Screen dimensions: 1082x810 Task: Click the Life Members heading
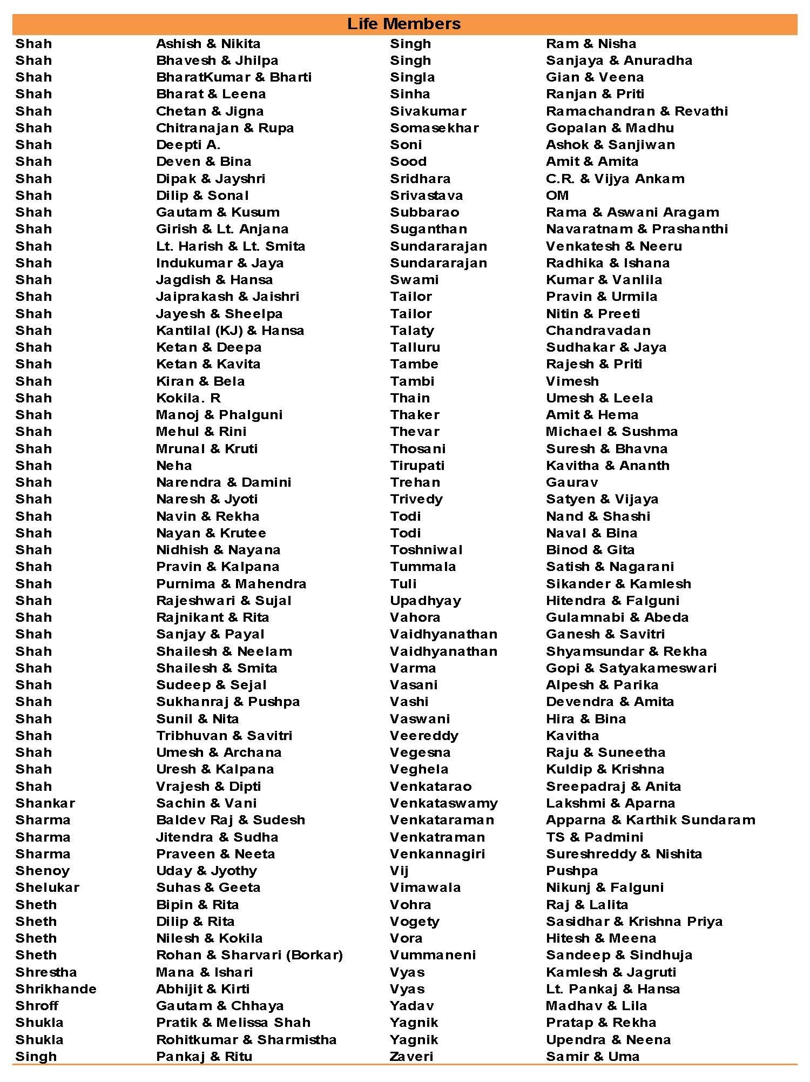tap(404, 24)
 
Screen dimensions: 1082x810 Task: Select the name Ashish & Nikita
tap(208, 44)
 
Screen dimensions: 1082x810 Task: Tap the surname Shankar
tap(45, 803)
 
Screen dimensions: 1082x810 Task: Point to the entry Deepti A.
tap(188, 145)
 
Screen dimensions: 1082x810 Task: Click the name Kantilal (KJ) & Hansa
tap(230, 331)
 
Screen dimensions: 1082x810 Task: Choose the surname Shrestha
tap(46, 972)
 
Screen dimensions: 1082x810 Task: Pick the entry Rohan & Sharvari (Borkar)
tap(249, 955)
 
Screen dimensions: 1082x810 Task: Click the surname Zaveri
tap(411, 1056)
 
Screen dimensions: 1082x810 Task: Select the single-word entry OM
tap(557, 196)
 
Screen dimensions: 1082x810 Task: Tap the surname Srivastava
tap(426, 196)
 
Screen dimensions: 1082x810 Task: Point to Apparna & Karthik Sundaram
tap(650, 819)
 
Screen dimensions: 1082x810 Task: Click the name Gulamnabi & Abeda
tap(617, 617)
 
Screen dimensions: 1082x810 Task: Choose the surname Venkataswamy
tap(444, 803)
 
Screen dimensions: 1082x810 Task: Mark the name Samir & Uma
tap(592, 1056)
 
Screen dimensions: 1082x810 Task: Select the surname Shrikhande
tap(56, 989)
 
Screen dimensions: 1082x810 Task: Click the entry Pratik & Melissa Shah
tap(233, 1022)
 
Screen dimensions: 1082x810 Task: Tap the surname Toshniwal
tap(426, 549)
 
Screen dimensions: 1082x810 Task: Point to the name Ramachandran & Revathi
tap(637, 111)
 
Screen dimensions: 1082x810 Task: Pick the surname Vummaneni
tap(433, 955)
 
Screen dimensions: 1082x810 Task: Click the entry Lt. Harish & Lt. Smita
tap(231, 246)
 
